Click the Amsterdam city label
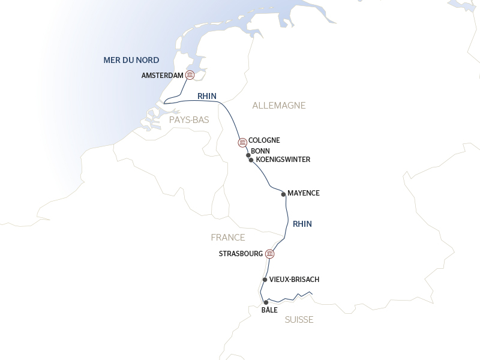click(162, 75)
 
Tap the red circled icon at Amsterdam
click(190, 75)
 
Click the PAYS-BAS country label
click(189, 120)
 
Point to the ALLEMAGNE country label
click(279, 106)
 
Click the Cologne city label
click(264, 140)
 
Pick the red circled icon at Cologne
click(242, 143)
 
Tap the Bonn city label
click(260, 151)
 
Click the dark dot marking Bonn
click(248, 155)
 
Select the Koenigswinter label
click(283, 160)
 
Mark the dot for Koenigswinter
click(251, 160)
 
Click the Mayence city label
click(304, 193)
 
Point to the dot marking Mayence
click(283, 194)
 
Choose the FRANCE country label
click(228, 238)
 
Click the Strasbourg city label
click(241, 254)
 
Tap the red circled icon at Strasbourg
click(270, 254)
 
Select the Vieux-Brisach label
click(294, 280)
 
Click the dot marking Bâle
click(266, 303)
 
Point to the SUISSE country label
click(299, 320)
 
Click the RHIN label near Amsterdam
click(206, 96)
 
